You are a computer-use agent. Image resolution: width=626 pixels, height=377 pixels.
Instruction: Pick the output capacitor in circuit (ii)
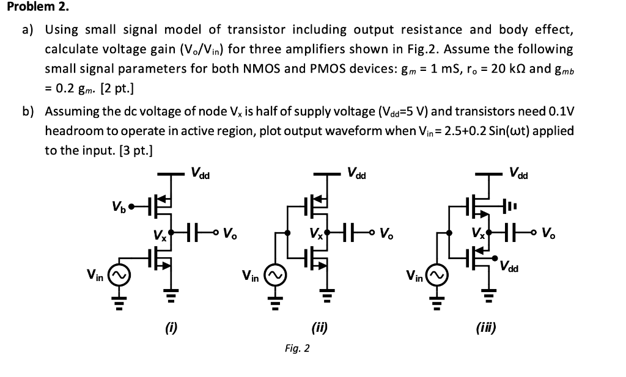pos(352,233)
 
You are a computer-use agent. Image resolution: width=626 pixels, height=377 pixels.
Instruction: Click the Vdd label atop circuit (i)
pos(200,174)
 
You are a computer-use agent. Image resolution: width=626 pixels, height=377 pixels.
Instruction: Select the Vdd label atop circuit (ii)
pos(356,174)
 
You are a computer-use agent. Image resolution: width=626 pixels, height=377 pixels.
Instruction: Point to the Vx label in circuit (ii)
pos(315,233)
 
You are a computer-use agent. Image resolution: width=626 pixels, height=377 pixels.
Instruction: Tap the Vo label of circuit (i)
pos(230,233)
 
